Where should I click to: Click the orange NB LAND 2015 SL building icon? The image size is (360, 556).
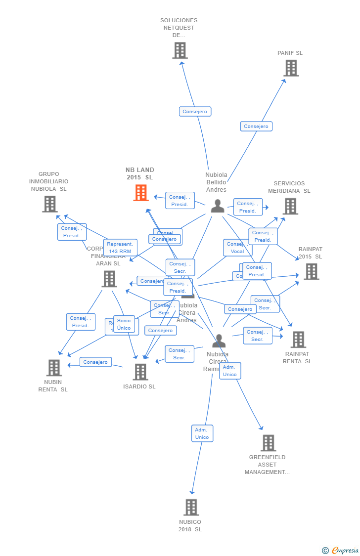tap(141, 193)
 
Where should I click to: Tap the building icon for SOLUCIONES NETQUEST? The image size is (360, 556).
tap(180, 50)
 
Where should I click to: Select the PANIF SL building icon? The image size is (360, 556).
tap(291, 68)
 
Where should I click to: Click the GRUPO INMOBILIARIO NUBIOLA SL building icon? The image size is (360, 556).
tap(49, 204)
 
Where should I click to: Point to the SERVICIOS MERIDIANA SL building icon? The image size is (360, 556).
tap(290, 207)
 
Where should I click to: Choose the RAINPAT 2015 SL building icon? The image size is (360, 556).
tap(311, 272)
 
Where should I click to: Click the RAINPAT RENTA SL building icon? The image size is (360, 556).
tap(298, 340)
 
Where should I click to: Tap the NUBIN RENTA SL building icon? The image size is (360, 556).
tap(54, 368)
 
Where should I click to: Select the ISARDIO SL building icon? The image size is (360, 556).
tap(140, 372)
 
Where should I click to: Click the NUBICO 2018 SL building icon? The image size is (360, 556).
tap(191, 508)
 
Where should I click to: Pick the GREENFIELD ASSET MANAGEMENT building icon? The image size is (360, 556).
tap(268, 443)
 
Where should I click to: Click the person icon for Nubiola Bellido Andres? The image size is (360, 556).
tap(218, 206)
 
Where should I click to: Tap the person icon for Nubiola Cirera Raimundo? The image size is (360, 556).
tap(219, 341)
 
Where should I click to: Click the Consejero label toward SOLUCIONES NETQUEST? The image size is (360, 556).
tap(195, 112)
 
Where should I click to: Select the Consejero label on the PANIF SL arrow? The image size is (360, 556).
tap(256, 127)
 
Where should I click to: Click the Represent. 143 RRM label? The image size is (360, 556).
tap(120, 248)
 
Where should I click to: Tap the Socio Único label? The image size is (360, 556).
tap(124, 324)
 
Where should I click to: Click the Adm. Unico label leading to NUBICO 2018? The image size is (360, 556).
tap(202, 433)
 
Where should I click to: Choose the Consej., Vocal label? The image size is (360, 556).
tap(237, 248)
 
